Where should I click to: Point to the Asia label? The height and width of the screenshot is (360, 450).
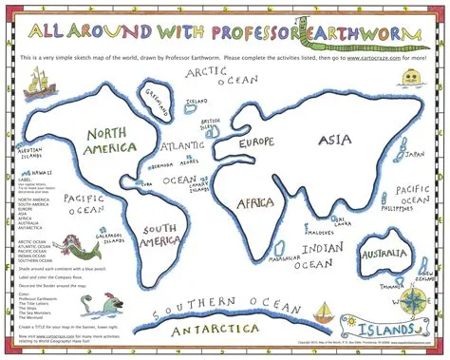334,142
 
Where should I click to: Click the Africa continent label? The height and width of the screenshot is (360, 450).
254,202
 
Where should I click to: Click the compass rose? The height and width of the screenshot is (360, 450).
415,302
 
